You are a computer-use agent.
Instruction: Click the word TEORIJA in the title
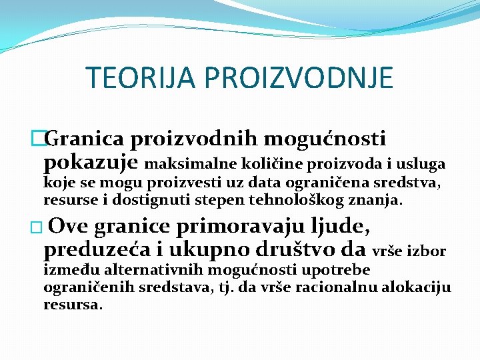click(141, 78)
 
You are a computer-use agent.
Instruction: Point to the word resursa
click(72, 305)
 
